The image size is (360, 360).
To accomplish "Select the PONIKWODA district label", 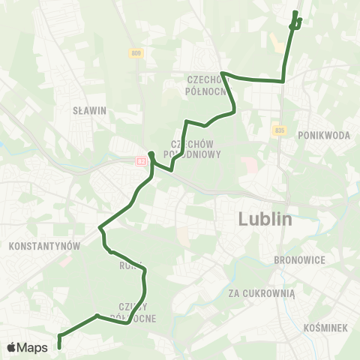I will coord(324,135).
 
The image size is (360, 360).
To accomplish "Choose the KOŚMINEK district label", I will coord(325,328).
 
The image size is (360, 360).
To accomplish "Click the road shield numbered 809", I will coord(136,53).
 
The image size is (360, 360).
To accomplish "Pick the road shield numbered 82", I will coord(140,160).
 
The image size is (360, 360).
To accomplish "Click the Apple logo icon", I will coord(12,347).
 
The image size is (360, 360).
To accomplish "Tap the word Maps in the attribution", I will coord(33,347).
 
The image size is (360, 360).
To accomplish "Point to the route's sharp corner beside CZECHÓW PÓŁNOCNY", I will coord(222,73).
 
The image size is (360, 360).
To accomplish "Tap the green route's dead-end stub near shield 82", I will coord(151,154).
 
